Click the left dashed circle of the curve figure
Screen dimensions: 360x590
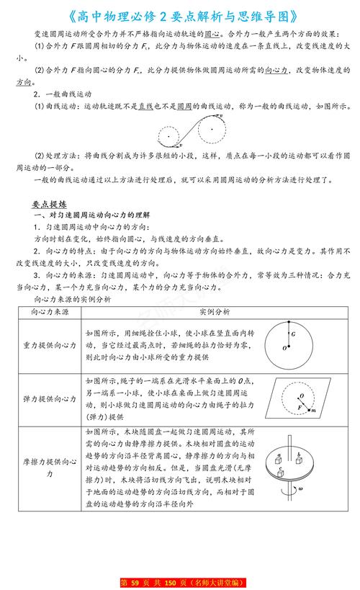click(170, 134)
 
